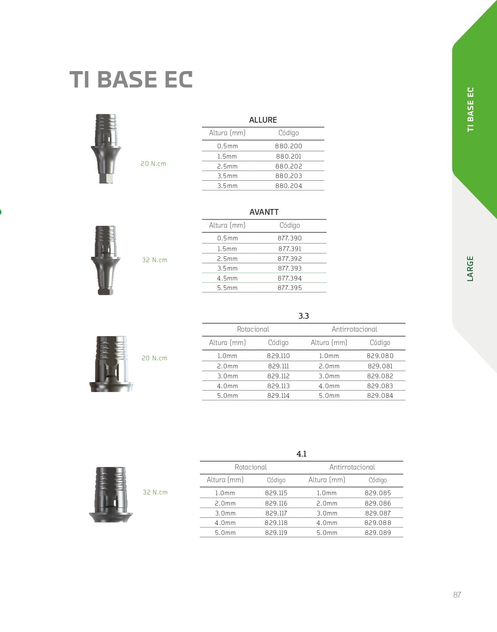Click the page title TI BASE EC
(x=131, y=79)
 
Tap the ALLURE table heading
(x=263, y=120)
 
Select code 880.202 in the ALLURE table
(x=289, y=166)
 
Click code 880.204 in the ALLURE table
(x=289, y=186)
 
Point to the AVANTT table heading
(x=264, y=212)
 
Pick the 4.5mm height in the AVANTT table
(x=227, y=278)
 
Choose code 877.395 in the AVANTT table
(x=289, y=288)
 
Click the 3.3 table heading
(x=304, y=316)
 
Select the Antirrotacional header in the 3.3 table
(x=354, y=329)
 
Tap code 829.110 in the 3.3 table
(x=278, y=356)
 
